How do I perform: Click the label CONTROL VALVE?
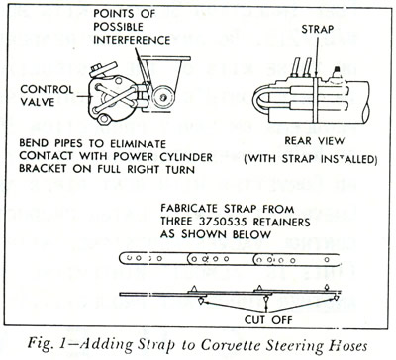pyautogui.click(x=47, y=95)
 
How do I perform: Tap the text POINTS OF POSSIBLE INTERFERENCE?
pyautogui.click(x=132, y=27)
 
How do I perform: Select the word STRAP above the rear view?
pyautogui.click(x=317, y=29)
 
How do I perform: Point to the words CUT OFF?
pyautogui.click(x=268, y=319)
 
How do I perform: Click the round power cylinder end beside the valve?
pyautogui.click(x=163, y=98)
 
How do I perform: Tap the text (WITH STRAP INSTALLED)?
pyautogui.click(x=311, y=159)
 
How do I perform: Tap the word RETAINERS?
pyautogui.click(x=282, y=222)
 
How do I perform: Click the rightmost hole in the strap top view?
pyautogui.click(x=327, y=260)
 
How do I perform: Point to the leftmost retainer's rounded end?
pyautogui.click(x=123, y=258)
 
